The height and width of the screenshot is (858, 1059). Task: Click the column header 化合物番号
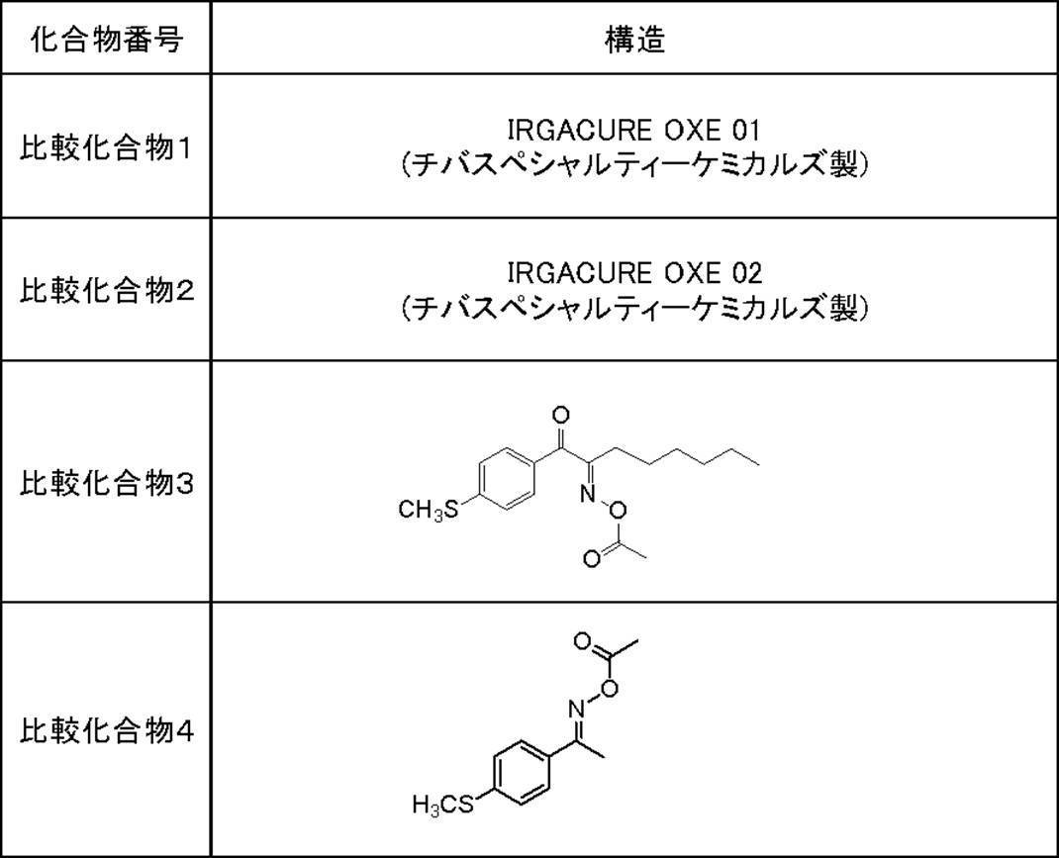coord(106,41)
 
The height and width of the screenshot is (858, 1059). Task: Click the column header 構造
coord(634,41)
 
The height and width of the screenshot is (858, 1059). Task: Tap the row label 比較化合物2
coord(106,291)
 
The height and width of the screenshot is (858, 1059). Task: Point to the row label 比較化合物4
coord(106,731)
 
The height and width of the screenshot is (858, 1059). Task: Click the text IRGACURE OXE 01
coord(634,130)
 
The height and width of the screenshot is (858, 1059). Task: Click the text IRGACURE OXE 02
coord(634,272)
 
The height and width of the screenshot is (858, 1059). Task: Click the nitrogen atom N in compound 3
coord(586,491)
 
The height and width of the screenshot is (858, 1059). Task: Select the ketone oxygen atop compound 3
coord(561,415)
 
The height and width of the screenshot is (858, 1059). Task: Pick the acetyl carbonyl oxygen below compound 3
coord(591,559)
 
